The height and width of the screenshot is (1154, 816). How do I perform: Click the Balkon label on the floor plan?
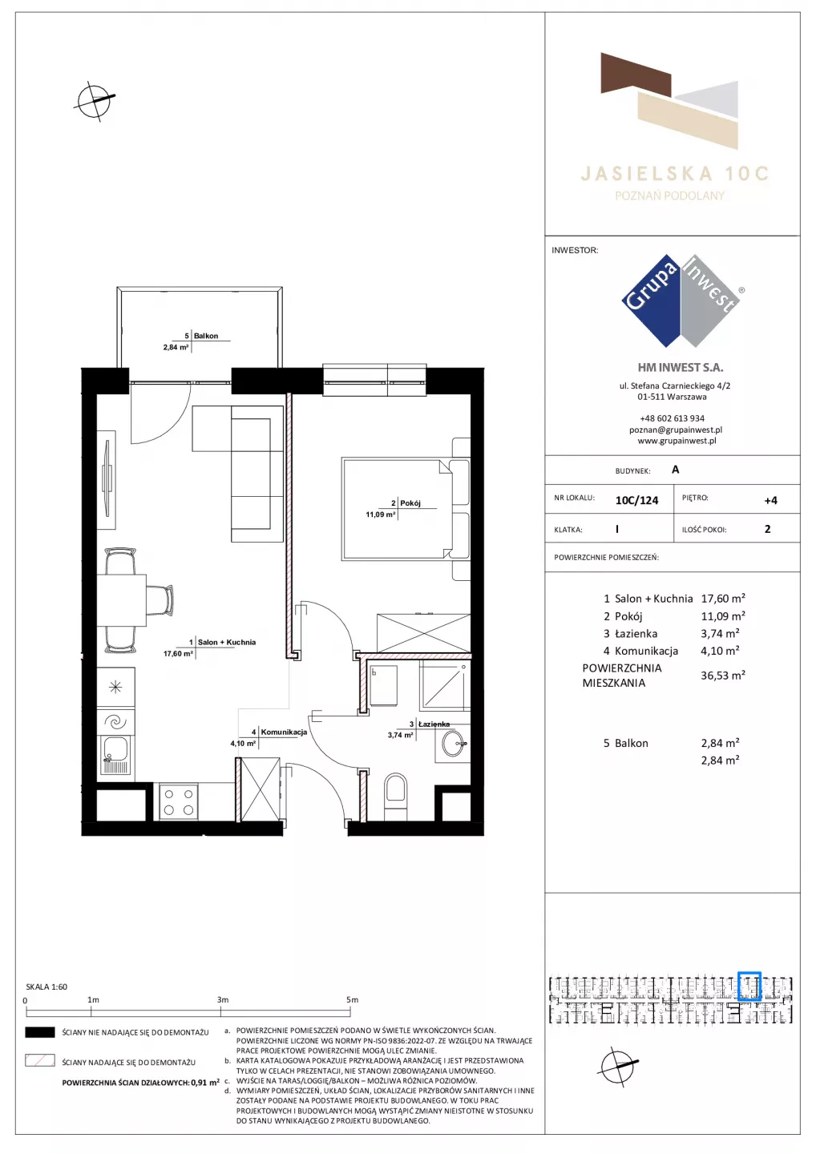coord(205,336)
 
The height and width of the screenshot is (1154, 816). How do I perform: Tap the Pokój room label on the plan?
coord(410,502)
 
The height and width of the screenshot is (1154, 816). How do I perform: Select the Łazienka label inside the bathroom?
coord(434,724)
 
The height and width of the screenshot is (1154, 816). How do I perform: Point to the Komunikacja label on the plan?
coord(284,732)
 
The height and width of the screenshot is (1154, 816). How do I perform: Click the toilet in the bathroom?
coord(396,796)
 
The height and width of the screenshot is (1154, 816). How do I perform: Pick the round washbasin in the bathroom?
coord(454,744)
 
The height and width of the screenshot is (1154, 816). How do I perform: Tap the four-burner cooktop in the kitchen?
coord(178,802)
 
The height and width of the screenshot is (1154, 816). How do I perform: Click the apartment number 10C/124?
coord(636,500)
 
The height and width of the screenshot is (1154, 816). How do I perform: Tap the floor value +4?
coord(770,500)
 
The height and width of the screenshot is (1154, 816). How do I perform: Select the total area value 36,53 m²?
coord(723,675)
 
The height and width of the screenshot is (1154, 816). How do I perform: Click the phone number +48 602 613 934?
coord(673,418)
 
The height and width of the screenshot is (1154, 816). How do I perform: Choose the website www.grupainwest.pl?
coord(677,441)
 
